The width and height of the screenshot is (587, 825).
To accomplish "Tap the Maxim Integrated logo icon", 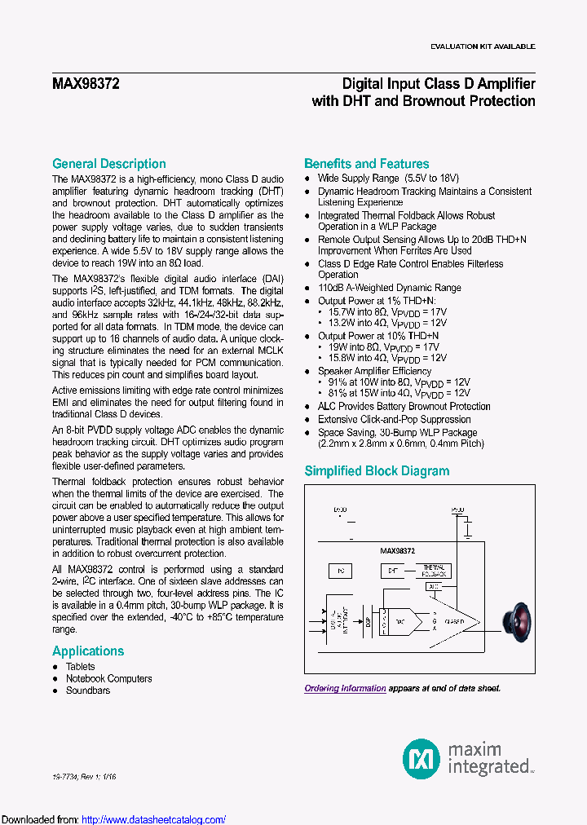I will click(421, 758).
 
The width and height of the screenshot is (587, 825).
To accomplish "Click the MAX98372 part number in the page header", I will click(86, 83).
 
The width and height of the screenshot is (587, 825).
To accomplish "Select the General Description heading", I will click(108, 164).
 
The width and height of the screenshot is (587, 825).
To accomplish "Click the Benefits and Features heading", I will click(366, 164).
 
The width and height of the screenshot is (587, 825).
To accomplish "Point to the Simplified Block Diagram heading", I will click(377, 471).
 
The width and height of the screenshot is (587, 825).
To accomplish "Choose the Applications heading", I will click(88, 651).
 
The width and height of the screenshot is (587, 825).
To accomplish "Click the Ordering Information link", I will click(345, 689).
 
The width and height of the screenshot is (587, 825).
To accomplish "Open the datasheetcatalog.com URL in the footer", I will click(154, 820).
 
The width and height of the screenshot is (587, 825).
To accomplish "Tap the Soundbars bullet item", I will click(88, 690).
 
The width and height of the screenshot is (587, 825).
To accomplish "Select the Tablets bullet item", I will click(81, 667).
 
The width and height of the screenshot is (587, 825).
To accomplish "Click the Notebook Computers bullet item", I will click(108, 678).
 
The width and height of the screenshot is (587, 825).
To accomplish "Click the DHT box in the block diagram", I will click(393, 570).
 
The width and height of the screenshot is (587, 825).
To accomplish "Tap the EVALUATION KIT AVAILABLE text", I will click(483, 46).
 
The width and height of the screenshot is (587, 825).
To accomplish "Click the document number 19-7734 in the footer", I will click(67, 778).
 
